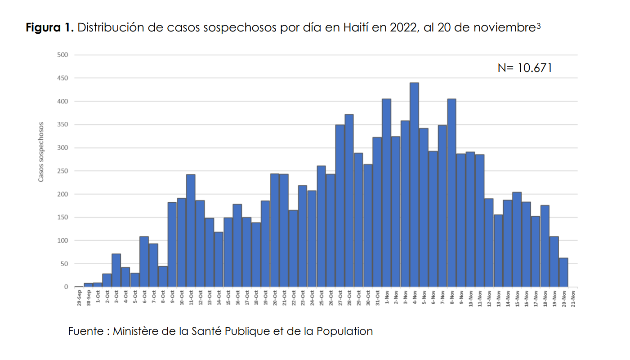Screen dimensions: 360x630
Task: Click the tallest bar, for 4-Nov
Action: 414,184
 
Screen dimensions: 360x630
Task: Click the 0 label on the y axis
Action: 66,287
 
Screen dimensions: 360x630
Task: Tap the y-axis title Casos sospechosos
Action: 41,152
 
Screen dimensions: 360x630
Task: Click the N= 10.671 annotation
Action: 524,68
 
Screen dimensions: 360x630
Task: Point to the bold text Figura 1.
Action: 49,27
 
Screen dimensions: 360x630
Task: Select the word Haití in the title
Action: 357,27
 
